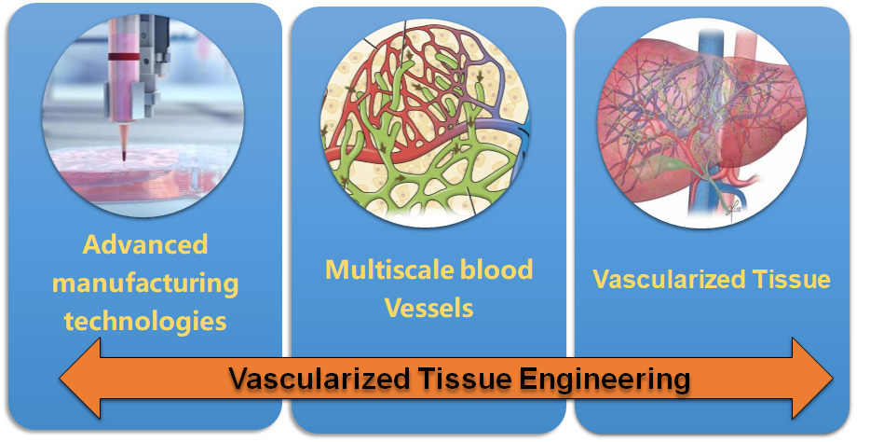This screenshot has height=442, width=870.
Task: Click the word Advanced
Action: tap(145, 245)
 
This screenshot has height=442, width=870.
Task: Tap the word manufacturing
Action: tap(145, 283)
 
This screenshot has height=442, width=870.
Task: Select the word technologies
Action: tap(145, 322)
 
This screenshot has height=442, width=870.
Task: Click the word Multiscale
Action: tap(381, 269)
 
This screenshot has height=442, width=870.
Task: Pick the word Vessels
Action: tap(428, 308)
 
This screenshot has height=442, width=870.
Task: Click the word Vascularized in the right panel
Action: tap(666, 279)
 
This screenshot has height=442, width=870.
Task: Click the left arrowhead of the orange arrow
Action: tap(80, 379)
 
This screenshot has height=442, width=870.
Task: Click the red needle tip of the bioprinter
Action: tap(123, 156)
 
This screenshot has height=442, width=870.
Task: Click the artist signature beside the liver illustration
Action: tap(735, 208)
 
